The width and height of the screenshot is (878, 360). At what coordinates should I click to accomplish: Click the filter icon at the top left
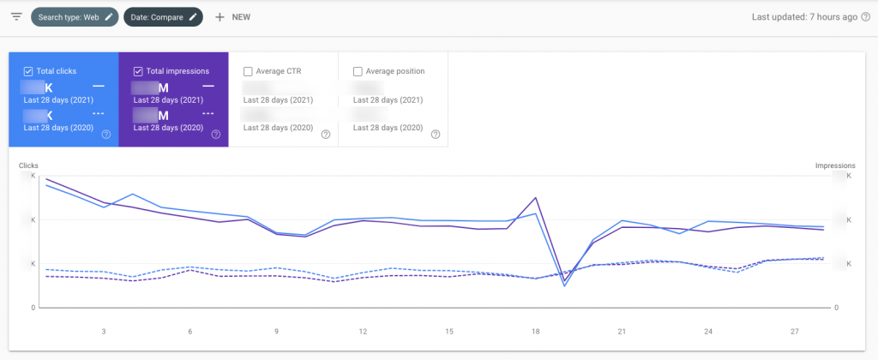[16, 17]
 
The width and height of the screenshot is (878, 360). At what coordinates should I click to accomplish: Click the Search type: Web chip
[73, 17]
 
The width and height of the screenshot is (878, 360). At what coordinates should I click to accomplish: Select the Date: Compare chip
[163, 17]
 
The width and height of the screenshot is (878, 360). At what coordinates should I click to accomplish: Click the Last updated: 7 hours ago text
[798, 17]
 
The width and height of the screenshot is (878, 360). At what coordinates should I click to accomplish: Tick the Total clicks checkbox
[29, 71]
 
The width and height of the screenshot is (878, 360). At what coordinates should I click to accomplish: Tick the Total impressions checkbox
[139, 71]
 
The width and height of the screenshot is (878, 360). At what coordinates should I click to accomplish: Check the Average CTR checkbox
[248, 71]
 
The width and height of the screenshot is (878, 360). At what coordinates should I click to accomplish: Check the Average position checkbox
[358, 71]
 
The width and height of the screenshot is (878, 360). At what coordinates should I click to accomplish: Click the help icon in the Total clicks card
[105, 135]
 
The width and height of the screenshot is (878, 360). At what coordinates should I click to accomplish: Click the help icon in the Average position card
[435, 135]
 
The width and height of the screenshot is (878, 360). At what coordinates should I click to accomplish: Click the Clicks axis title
[28, 165]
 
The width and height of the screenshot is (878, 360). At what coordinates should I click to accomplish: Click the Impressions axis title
[834, 165]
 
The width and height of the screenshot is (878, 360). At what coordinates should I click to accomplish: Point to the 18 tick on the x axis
[536, 332]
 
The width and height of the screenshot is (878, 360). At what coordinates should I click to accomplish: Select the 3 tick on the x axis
[104, 332]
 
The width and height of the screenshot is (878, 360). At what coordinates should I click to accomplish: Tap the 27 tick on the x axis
[795, 332]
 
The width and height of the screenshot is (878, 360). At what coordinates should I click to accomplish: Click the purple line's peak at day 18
[536, 197]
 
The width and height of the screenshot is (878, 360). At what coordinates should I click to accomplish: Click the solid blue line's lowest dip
[564, 285]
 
